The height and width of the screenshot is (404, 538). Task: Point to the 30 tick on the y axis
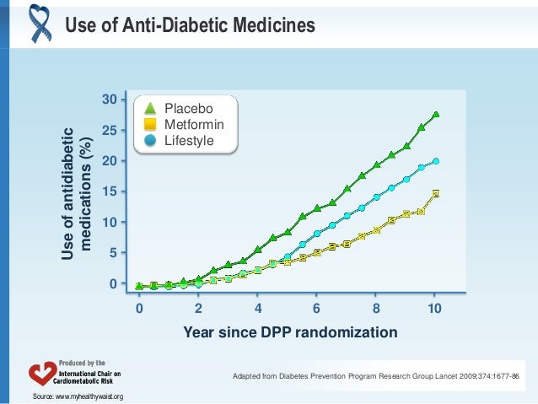[x=109, y=100]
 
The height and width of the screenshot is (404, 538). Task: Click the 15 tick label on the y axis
[x=109, y=191]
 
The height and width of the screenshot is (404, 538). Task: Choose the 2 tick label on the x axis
[x=198, y=309]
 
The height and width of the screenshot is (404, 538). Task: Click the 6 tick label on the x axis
[x=316, y=309]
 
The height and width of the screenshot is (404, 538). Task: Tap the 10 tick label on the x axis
[x=435, y=309]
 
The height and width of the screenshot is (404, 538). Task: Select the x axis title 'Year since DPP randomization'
[x=290, y=333]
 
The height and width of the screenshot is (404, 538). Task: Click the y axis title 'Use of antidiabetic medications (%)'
[x=76, y=191]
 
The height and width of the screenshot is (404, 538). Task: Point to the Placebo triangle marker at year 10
[x=436, y=115]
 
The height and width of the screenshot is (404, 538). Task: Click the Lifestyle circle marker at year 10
[x=436, y=161]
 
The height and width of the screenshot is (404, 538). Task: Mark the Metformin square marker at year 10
[x=436, y=193]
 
